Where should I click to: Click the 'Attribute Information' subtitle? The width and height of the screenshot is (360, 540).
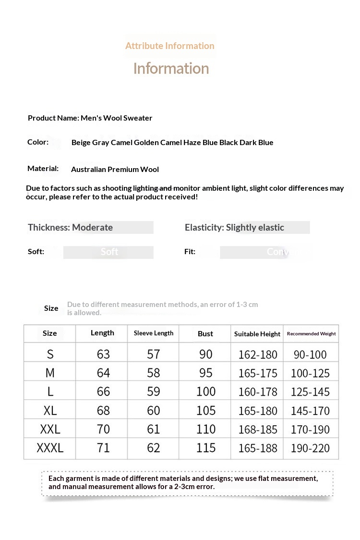coord(170,46)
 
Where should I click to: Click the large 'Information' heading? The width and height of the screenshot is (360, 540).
coord(171,68)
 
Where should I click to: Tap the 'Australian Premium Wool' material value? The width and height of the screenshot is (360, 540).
coord(115,169)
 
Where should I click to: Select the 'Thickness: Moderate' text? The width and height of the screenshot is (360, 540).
coord(71,227)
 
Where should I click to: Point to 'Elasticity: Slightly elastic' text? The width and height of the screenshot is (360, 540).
coord(234,227)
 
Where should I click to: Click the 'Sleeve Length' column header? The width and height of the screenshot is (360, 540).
coord(154,333)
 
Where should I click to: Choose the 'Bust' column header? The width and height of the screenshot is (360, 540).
coord(205,333)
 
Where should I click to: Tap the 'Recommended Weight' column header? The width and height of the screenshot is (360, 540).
coord(311,333)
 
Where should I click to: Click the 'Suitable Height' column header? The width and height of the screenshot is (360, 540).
coord(257,334)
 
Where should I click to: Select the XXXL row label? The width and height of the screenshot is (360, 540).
coord(50,448)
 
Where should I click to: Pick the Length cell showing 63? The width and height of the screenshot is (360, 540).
coord(103,355)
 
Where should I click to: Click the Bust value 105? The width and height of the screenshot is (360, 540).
coord(206,411)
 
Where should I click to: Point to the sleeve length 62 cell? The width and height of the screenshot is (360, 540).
coord(154,448)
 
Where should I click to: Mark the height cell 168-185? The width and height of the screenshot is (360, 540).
coord(258,430)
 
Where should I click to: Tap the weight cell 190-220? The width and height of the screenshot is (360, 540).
coord(311,448)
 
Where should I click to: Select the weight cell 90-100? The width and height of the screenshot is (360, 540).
coord(310,355)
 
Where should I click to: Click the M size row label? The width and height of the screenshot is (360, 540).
coord(50,373)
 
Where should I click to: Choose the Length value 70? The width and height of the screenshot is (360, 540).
coord(103,429)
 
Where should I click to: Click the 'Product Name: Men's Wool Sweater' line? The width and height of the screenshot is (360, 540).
coord(90,118)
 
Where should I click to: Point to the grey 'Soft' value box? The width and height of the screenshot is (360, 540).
coord(108,252)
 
